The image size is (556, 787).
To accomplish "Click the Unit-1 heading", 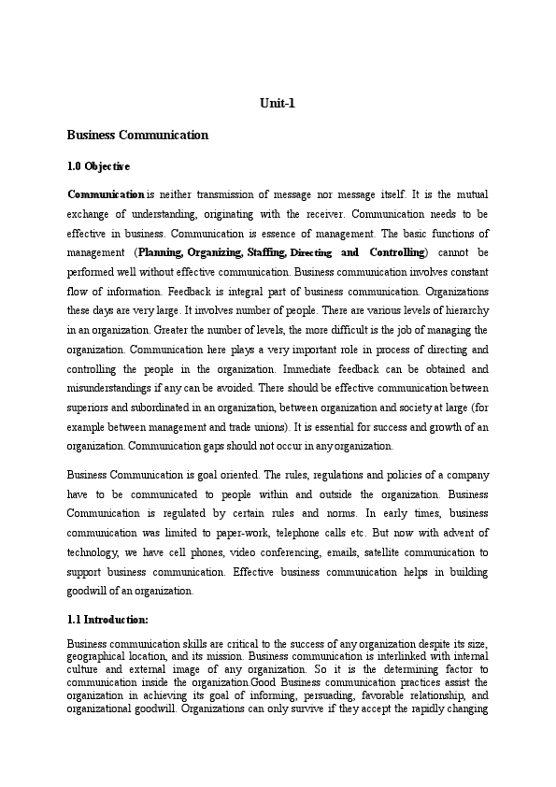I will [278, 103].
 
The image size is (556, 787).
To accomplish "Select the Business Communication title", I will [137, 135].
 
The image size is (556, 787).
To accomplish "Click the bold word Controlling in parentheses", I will [396, 252].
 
